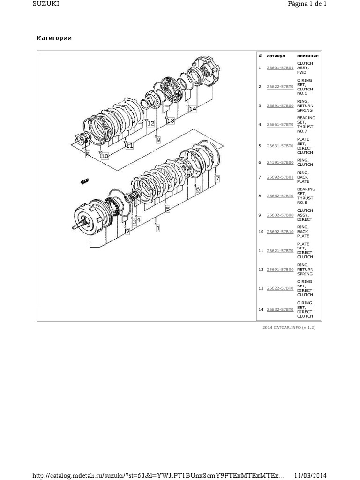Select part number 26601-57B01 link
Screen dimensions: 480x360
point(280,68)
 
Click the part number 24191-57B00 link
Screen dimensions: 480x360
point(280,162)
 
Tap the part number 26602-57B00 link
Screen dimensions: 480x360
point(280,215)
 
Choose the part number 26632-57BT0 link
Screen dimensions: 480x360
point(280,310)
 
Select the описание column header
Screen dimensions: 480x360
point(308,56)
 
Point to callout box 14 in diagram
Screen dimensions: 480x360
point(193,109)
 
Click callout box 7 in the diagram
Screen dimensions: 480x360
point(217,179)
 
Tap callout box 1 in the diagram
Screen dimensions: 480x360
point(158,228)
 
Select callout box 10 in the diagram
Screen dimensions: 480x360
point(105,156)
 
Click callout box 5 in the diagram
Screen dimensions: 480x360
point(167,210)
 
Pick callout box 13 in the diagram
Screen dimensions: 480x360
point(170,121)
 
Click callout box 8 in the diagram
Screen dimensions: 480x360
point(87,154)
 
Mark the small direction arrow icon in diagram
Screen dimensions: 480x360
point(84,180)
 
